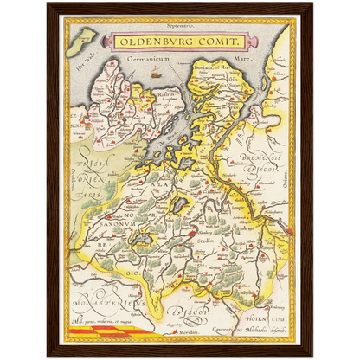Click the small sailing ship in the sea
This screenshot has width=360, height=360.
click(x=156, y=75)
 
